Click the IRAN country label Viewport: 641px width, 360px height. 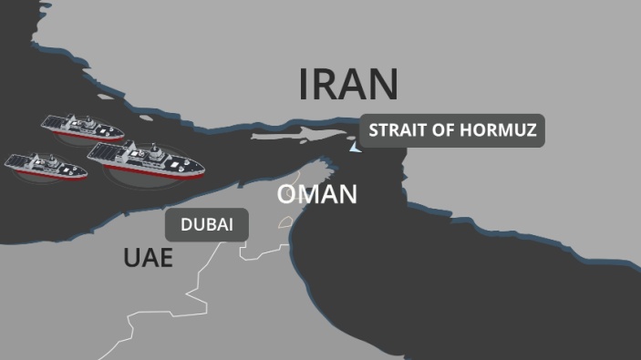[x=348, y=84]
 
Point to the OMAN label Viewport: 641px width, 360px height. [x=317, y=194]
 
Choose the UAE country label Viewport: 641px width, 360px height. [x=148, y=258]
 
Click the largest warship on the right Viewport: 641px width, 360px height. [x=146, y=159]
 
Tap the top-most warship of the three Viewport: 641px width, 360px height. [x=81, y=129]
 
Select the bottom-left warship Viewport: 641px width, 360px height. [x=46, y=166]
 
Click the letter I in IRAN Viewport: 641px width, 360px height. [x=305, y=84]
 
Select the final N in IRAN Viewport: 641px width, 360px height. [x=383, y=84]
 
